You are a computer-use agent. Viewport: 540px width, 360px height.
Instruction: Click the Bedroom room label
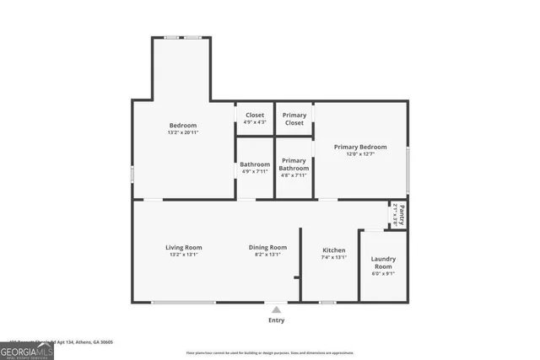182,125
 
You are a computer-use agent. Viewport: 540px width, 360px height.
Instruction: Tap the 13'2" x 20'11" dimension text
182,132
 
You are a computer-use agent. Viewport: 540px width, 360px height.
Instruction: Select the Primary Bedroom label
360,146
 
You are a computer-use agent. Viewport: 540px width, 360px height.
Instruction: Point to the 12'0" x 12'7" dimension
360,153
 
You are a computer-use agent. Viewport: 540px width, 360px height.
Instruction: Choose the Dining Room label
267,247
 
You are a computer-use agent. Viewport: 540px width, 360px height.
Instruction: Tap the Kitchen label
334,250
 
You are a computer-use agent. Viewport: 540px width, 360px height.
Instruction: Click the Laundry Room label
383,262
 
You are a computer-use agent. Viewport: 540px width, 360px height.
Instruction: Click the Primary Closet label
294,119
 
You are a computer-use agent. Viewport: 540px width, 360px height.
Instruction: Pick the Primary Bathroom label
294,164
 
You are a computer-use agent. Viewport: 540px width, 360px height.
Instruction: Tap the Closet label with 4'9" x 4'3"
254,115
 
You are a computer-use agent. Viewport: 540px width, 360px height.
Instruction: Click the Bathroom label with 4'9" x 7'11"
254,164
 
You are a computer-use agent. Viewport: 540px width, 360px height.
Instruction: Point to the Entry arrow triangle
276,309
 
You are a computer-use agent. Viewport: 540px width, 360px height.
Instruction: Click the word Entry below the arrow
276,320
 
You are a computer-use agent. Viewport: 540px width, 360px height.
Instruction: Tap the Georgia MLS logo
27,348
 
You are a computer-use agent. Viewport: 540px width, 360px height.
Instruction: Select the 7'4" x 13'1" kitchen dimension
334,258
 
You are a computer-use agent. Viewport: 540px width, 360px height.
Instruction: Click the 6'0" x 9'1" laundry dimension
383,273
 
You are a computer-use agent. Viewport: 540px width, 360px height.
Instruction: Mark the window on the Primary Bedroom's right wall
408,170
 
